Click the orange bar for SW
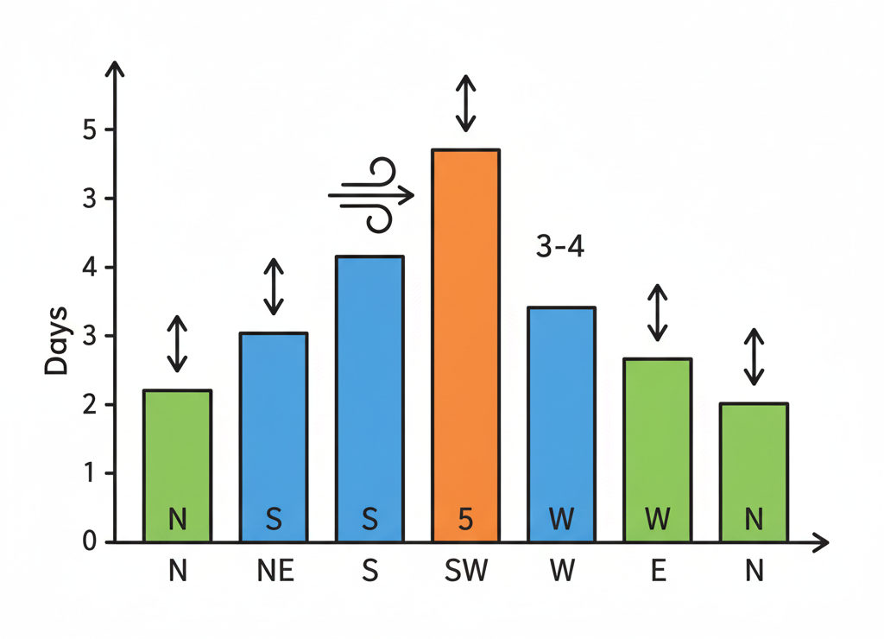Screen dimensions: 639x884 pos(464,345)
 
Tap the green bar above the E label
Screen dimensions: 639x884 pos(657,449)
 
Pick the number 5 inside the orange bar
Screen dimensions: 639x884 pos(465,520)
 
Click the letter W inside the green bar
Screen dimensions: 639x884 pos(657,520)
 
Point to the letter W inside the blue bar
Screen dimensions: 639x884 pos(561,520)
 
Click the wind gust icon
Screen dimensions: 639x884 pos(372,195)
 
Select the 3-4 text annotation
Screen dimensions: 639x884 pos(560,247)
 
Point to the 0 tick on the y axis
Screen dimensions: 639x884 pos(89,542)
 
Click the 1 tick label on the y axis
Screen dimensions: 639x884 pos(89,474)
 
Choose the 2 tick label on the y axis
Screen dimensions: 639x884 pos(89,405)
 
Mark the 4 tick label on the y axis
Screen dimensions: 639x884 pos(89,268)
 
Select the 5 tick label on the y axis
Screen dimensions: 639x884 pos(89,130)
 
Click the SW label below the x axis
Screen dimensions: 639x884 pos(465,572)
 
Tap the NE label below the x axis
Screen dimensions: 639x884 pos(274,572)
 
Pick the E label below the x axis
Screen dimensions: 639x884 pos(658,572)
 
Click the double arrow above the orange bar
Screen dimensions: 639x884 pos(465,103)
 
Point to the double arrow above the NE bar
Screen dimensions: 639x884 pos(274,287)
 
